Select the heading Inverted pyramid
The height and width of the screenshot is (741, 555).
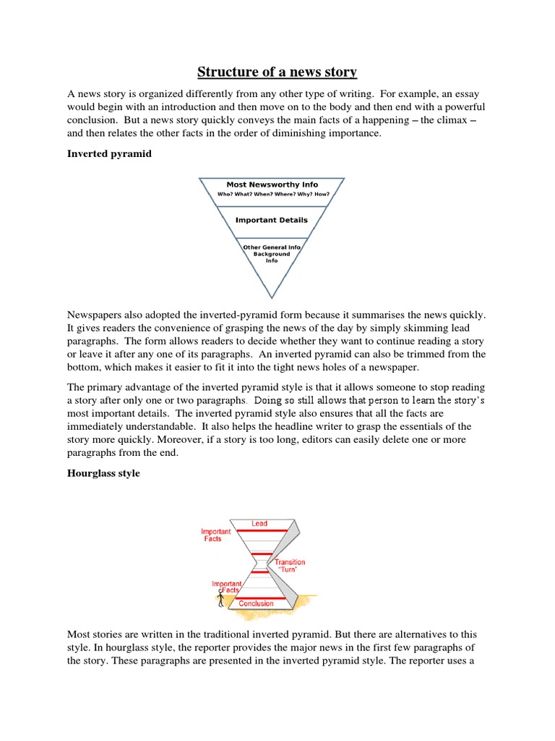[109, 153]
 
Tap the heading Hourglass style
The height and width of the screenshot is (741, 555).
[103, 473]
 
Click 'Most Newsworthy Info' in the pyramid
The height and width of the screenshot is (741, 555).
[272, 185]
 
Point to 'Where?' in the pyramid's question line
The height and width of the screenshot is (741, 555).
[292, 194]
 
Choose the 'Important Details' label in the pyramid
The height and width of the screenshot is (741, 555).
[272, 220]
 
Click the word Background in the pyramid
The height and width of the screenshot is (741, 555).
[272, 254]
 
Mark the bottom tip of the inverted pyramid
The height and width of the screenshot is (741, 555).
[272, 297]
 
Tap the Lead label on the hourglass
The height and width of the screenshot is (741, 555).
[259, 523]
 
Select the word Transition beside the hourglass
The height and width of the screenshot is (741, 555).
[290, 562]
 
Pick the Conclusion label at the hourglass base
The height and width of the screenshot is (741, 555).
[257, 604]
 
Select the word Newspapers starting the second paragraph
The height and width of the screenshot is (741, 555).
[96, 315]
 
